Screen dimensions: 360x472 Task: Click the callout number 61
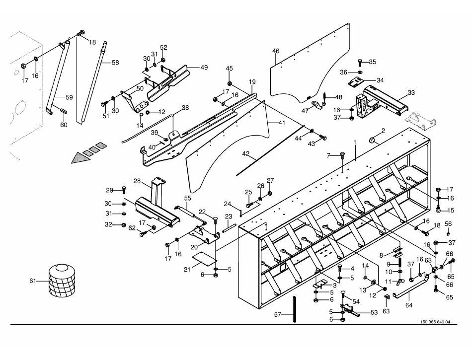pyautogui.click(x=33, y=282)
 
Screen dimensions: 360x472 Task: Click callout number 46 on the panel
pyautogui.click(x=276, y=51)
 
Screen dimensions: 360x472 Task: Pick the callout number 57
pyautogui.click(x=278, y=314)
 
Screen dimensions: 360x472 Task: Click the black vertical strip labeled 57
pyautogui.click(x=295, y=309)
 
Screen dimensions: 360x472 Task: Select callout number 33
pyautogui.click(x=411, y=92)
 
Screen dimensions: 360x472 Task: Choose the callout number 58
pyautogui.click(x=115, y=63)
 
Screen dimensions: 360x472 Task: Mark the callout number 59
pyautogui.click(x=69, y=97)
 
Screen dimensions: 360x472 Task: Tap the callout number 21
pyautogui.click(x=188, y=269)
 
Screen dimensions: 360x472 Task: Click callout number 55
pyautogui.click(x=188, y=198)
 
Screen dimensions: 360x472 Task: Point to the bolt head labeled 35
pyautogui.click(x=360, y=62)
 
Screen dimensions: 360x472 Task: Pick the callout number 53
pyautogui.click(x=374, y=312)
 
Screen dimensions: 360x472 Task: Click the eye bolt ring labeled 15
pyautogui.click(x=438, y=210)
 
